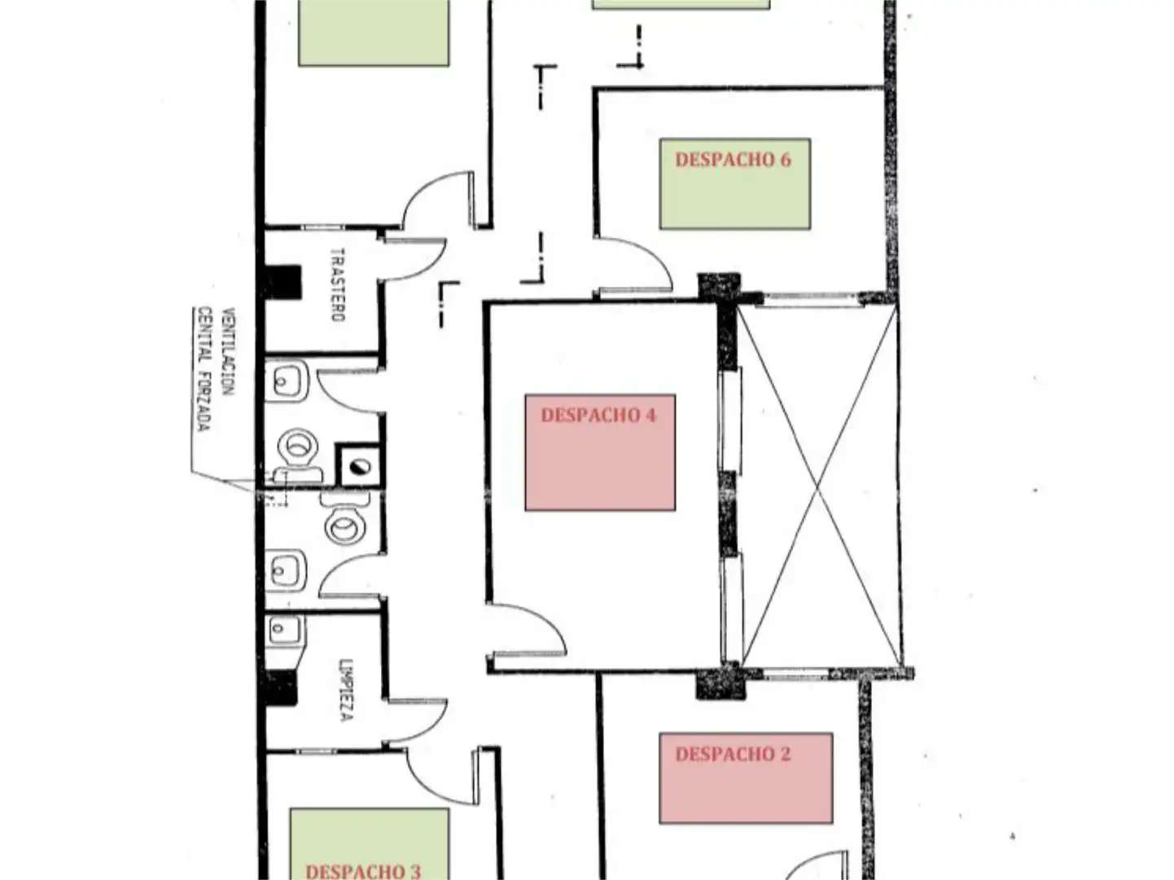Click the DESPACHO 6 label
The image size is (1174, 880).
733,160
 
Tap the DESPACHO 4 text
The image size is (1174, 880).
598,415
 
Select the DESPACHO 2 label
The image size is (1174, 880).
733,755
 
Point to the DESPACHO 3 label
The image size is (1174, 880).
363,871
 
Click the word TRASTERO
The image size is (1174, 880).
338,284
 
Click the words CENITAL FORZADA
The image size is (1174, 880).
204,368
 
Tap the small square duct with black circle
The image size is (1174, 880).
359,467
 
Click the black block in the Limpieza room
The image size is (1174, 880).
282,688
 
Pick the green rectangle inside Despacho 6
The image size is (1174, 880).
735,183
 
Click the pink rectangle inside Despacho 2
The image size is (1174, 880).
746,778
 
